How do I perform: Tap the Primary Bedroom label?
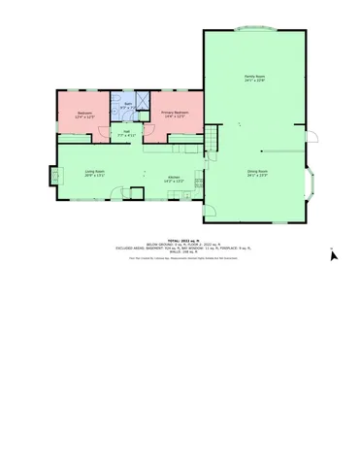174,112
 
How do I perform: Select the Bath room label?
127,103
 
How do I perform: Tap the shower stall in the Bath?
142,98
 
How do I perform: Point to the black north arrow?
334,254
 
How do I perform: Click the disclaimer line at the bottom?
180,258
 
